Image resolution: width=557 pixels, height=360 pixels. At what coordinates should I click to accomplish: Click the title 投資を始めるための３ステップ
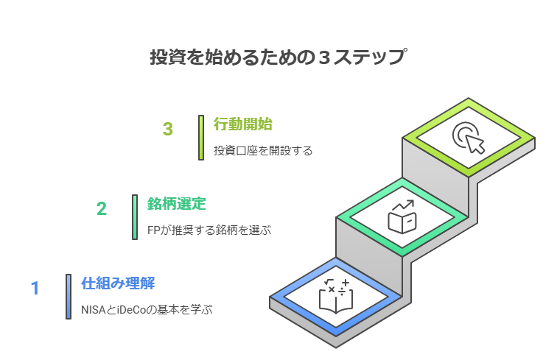click(278, 57)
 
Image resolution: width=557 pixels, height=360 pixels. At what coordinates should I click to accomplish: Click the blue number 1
click(35, 288)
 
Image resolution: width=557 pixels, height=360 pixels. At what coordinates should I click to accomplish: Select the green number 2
click(102, 208)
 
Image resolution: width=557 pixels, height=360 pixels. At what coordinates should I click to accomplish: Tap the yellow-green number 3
click(168, 129)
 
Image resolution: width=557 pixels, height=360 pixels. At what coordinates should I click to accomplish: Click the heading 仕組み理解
click(118, 283)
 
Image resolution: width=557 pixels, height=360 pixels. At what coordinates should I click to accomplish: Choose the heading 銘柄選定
click(176, 203)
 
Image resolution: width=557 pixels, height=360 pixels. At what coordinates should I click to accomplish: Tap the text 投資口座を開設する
click(263, 151)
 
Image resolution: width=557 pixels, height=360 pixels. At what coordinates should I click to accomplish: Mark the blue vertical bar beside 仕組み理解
click(69, 296)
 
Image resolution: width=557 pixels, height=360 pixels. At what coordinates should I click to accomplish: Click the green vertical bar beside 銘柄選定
click(135, 216)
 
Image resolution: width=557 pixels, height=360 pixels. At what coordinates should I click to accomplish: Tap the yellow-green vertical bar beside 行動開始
click(200, 137)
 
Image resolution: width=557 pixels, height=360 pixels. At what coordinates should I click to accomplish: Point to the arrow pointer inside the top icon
click(475, 143)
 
